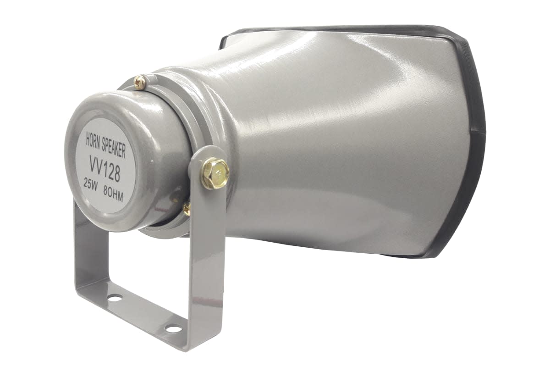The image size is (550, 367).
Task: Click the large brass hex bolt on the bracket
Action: coord(214,173)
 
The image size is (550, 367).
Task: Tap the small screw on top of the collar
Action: coord(140,82)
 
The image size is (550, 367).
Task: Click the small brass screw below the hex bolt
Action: coord(187,209)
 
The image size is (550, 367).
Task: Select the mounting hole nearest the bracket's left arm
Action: coord(115,298)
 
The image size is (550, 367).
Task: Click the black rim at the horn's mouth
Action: coord(472,138)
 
